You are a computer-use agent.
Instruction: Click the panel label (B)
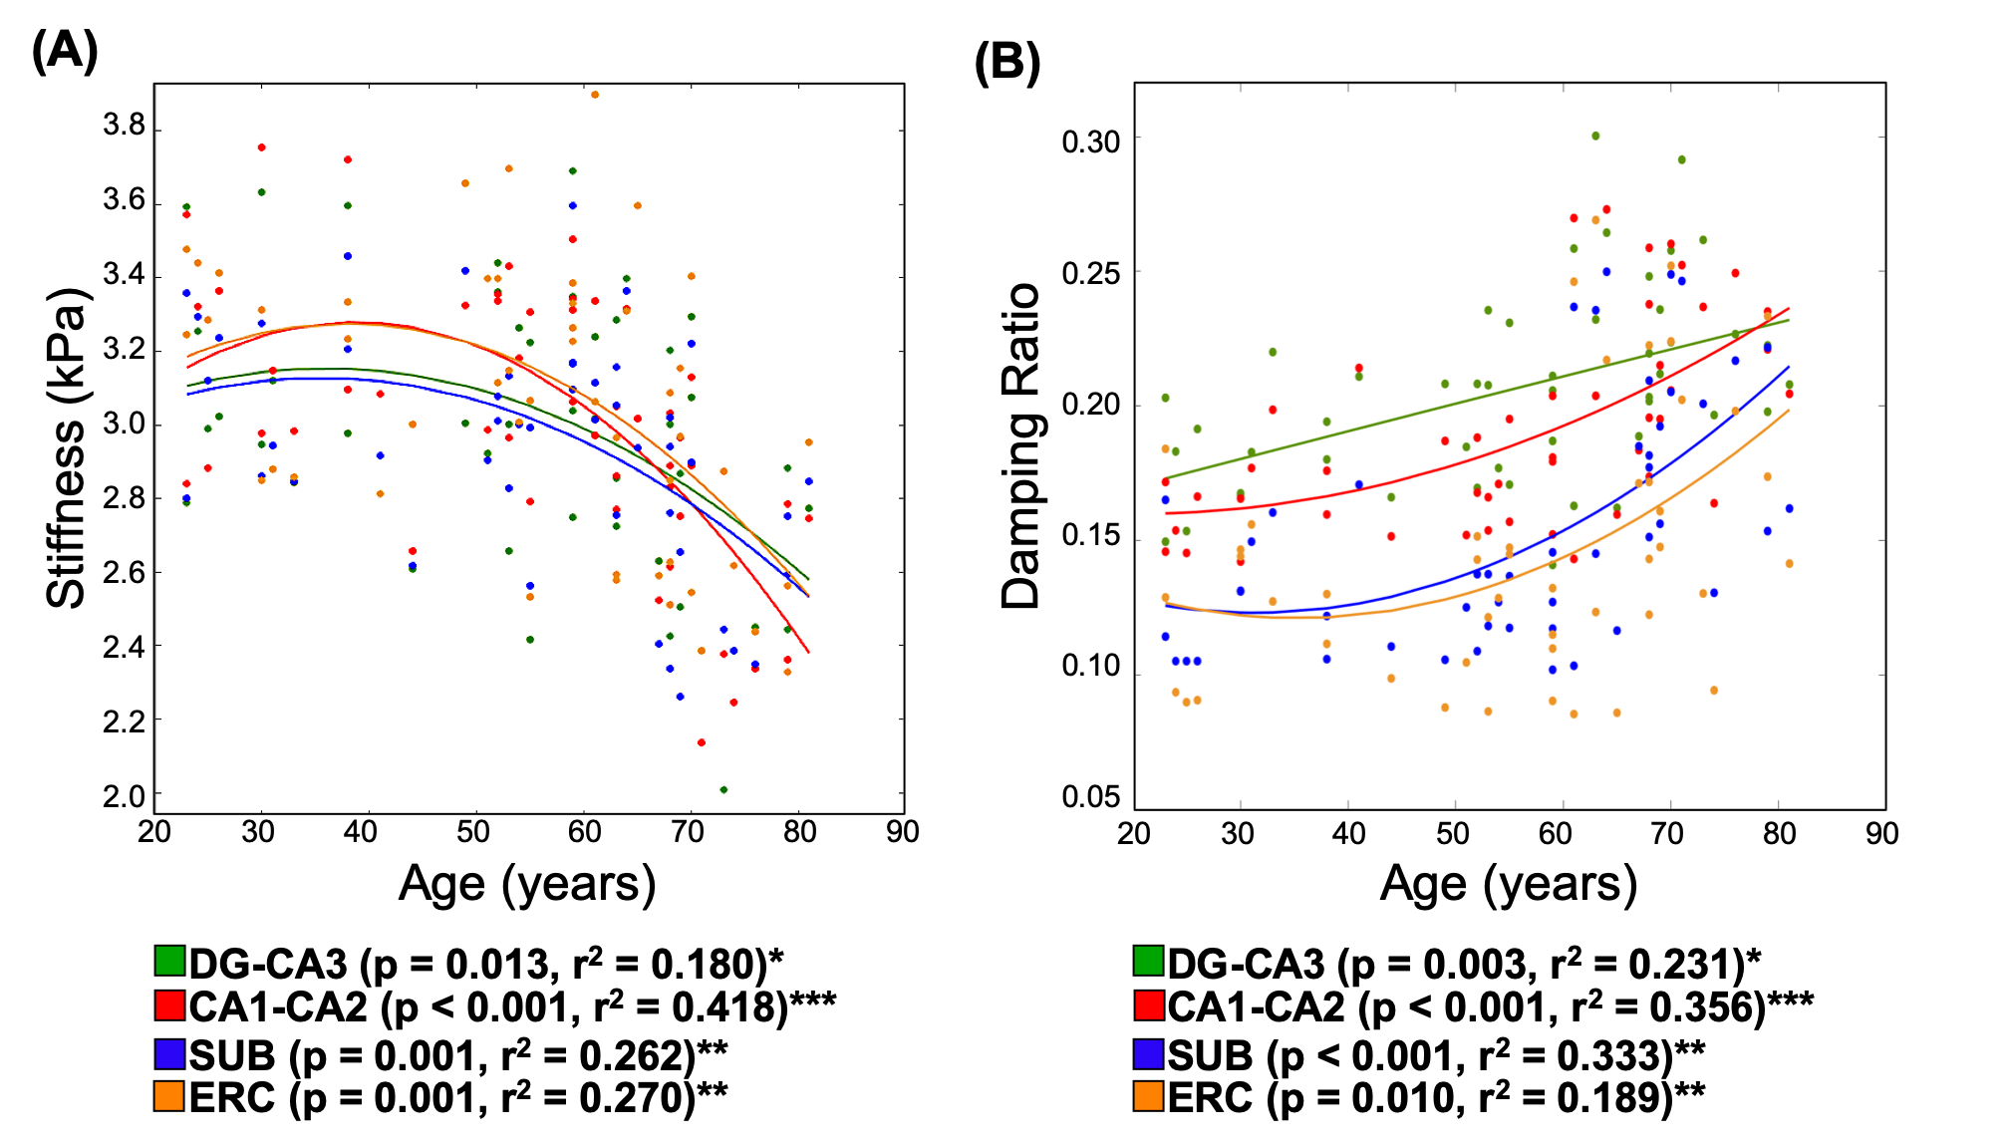1006,64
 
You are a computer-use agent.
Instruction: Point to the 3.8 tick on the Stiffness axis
125,127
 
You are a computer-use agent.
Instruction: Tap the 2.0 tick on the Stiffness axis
125,796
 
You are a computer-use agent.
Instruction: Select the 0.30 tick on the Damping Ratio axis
1091,142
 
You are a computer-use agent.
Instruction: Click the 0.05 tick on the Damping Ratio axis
1091,797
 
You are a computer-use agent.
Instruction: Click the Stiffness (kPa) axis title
68,448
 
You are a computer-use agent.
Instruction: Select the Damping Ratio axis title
1021,445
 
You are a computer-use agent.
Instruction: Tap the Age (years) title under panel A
527,884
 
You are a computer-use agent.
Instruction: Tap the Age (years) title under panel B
1508,884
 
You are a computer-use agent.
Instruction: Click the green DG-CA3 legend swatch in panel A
170,961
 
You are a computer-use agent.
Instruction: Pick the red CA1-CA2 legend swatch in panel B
1149,1005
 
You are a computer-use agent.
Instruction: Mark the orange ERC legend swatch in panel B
1149,1096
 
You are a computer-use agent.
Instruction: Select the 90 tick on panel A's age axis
903,832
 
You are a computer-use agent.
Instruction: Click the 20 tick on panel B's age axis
1134,833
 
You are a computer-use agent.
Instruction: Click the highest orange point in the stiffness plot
595,95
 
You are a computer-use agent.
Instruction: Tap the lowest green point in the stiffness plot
723,789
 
